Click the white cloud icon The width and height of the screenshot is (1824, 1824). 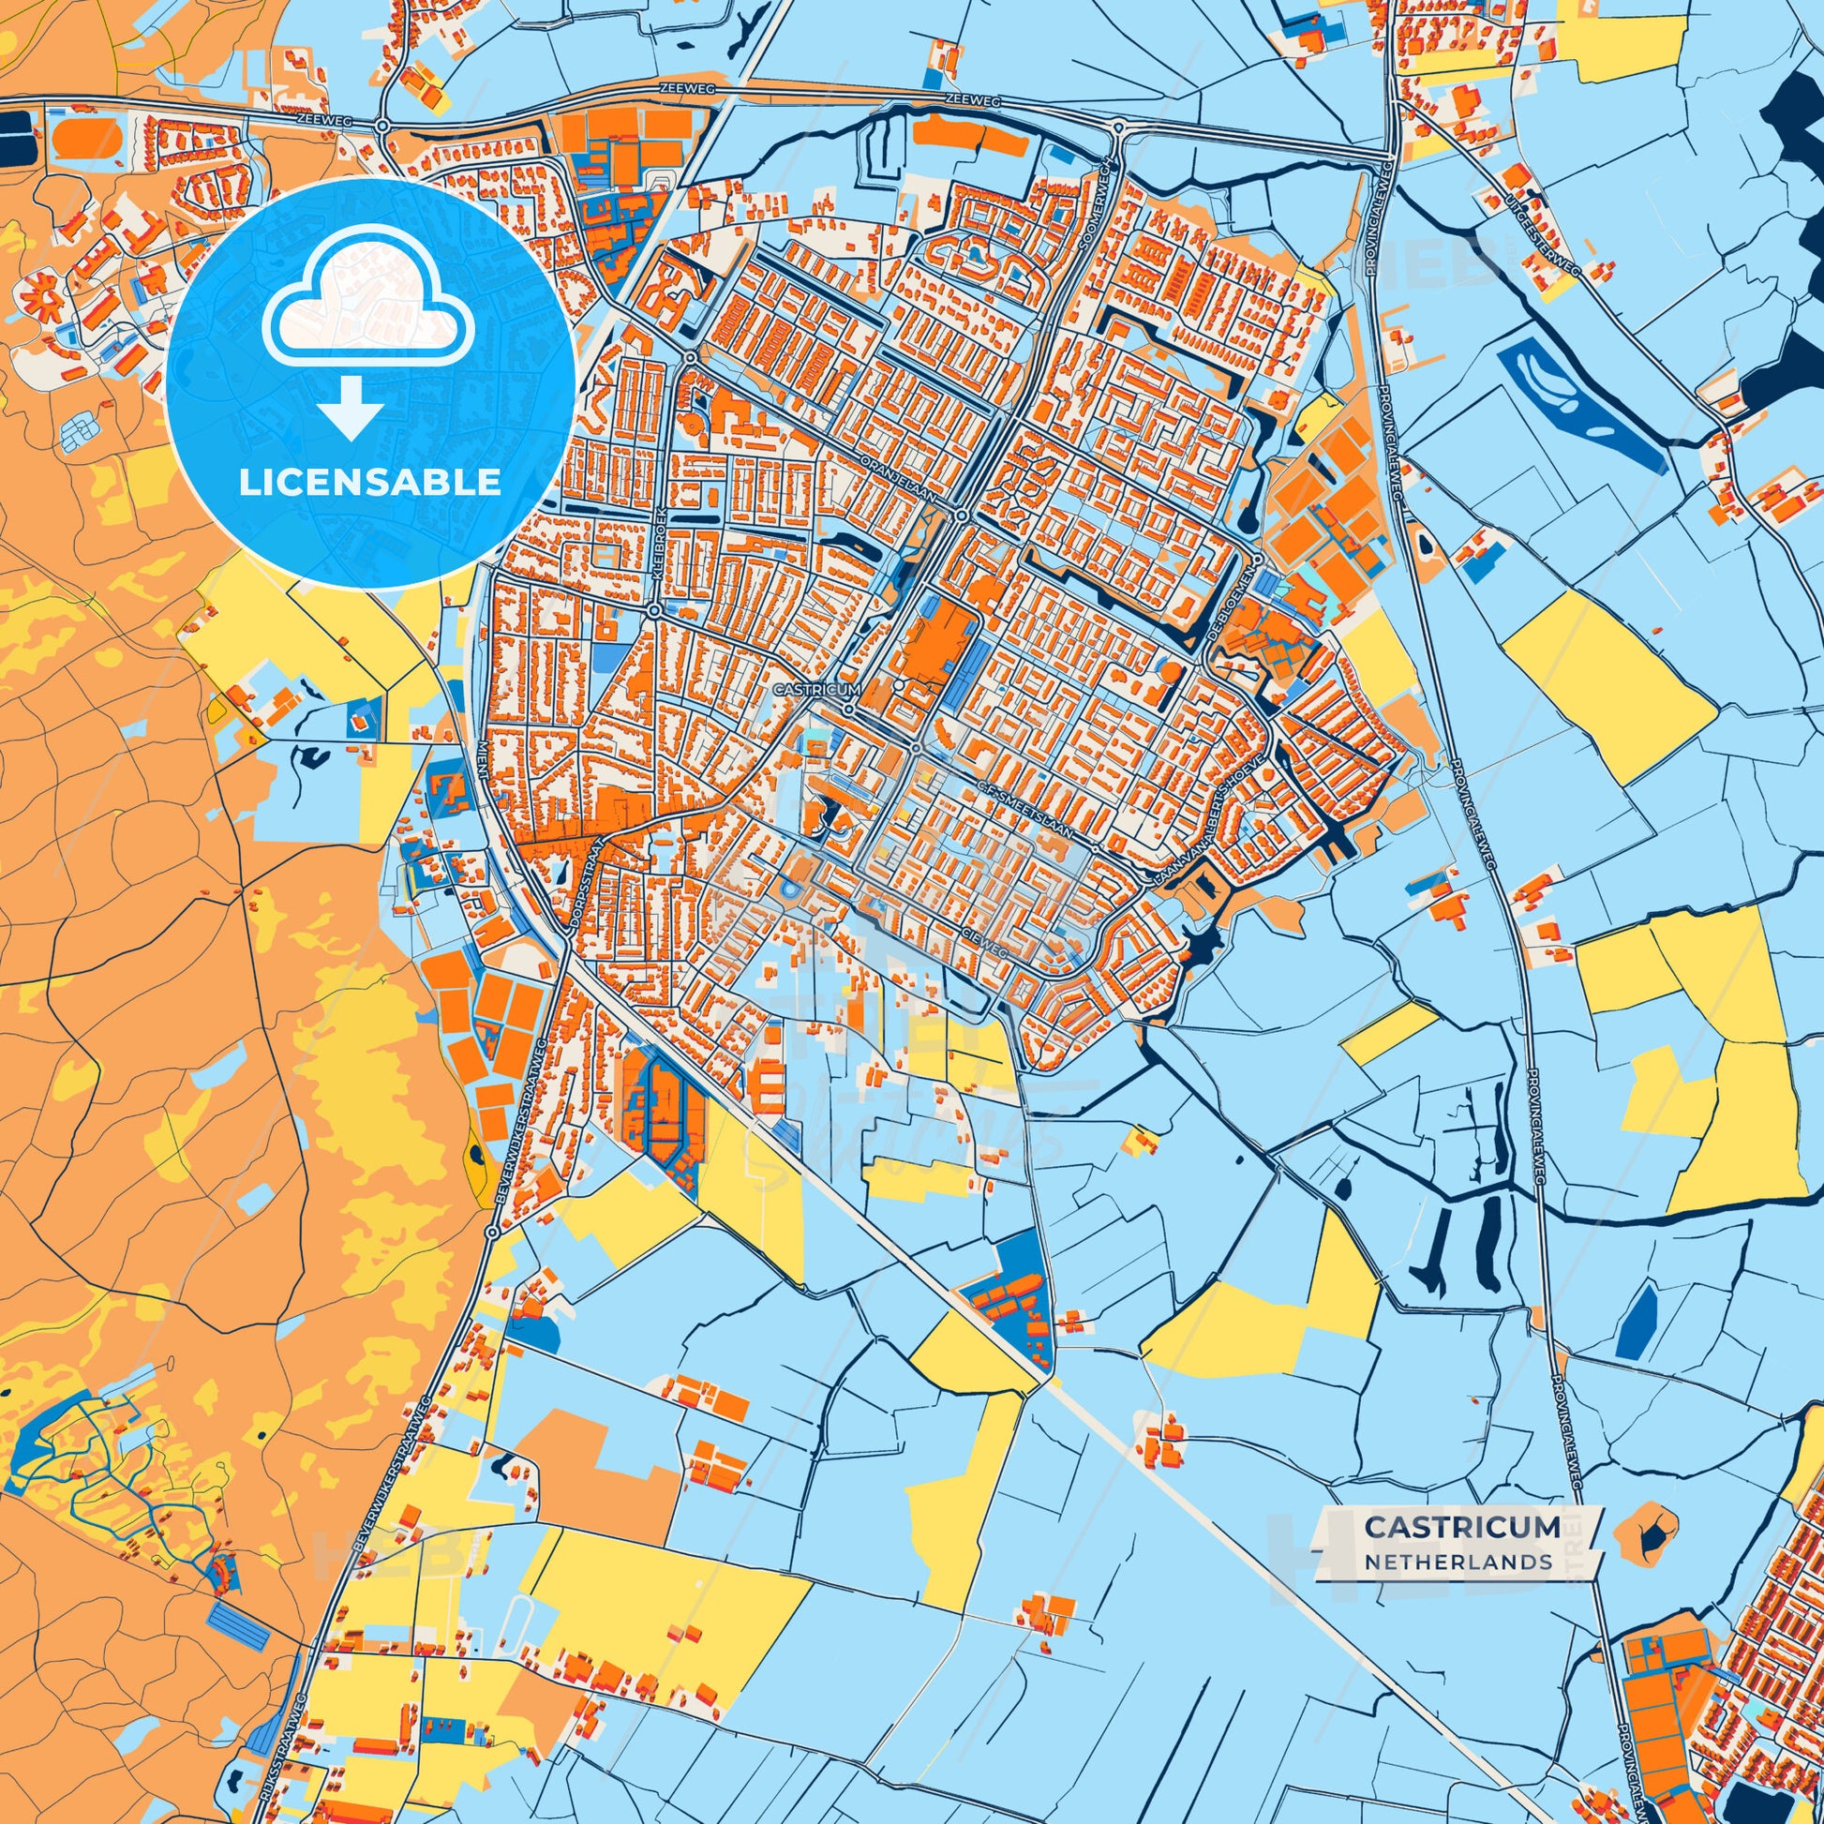point(370,304)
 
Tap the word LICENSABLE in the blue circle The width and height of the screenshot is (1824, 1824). point(370,483)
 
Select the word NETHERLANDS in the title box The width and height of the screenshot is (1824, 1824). point(1458,1561)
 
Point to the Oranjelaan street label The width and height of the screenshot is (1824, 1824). point(898,481)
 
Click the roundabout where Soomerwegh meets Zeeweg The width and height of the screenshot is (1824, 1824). point(1118,127)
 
